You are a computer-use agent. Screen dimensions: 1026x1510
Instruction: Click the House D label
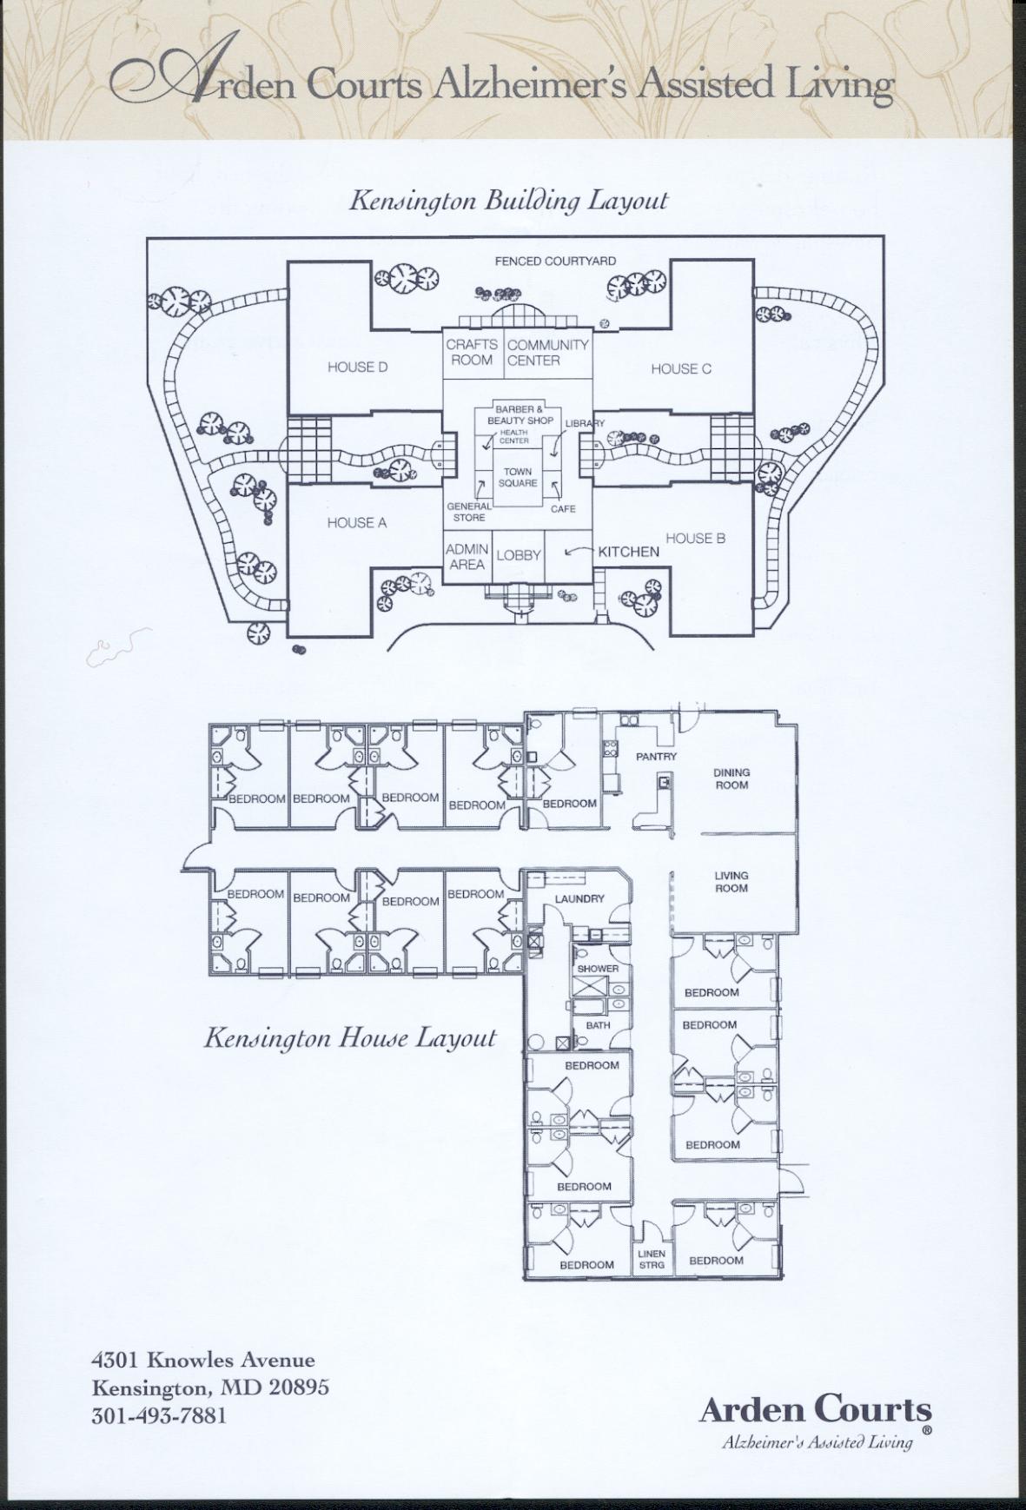(x=357, y=368)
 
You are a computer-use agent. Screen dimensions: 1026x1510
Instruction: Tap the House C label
(x=681, y=369)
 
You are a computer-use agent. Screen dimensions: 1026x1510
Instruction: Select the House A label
(x=356, y=523)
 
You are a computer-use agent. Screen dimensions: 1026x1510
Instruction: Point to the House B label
(x=695, y=539)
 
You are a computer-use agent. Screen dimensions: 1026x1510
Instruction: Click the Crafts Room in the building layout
(x=472, y=353)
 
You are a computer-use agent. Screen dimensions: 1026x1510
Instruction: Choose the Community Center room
(x=548, y=353)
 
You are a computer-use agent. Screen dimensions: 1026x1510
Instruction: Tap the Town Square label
(x=518, y=478)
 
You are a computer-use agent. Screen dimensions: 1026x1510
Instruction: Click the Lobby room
(x=519, y=555)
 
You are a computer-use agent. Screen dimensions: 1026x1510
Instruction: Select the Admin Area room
(x=467, y=557)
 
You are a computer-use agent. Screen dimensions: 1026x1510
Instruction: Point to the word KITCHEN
(x=628, y=552)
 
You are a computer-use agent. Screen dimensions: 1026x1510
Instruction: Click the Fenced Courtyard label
(x=555, y=261)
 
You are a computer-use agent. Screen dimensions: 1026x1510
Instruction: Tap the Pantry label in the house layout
(x=656, y=757)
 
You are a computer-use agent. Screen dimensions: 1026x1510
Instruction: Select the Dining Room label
(x=731, y=778)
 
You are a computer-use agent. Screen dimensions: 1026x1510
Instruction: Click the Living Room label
(x=731, y=882)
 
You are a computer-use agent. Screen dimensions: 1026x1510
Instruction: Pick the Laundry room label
(x=579, y=899)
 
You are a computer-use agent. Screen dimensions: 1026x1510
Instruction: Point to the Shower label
(x=598, y=969)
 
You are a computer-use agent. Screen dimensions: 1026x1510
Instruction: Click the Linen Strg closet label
(x=652, y=1259)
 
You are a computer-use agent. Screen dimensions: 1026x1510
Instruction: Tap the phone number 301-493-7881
(x=159, y=1415)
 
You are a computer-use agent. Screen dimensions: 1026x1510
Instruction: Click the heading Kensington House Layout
(x=350, y=1038)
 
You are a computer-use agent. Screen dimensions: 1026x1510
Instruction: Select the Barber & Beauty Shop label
(x=520, y=415)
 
